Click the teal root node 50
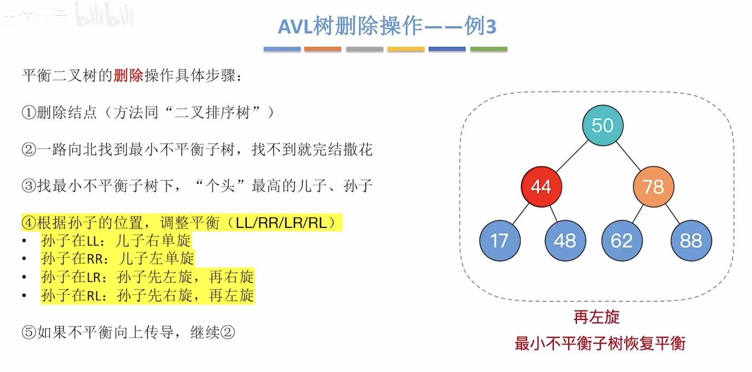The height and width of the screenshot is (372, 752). click(x=603, y=125)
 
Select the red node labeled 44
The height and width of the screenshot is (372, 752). click(x=541, y=186)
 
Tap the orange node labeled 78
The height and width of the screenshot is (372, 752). click(x=653, y=186)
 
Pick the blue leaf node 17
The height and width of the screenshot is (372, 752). click(x=499, y=240)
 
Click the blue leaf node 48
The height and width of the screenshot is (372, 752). click(x=565, y=240)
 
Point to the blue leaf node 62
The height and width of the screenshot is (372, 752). click(x=622, y=240)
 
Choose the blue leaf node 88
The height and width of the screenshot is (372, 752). click(x=691, y=240)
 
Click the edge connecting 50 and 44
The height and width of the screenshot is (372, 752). click(x=572, y=156)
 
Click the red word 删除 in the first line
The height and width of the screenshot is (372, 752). click(x=128, y=75)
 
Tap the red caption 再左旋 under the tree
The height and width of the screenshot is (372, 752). click(x=597, y=317)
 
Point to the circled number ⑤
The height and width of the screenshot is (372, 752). click(x=29, y=332)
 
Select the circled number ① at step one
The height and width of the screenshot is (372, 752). click(x=29, y=112)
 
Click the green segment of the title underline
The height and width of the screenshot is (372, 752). click(x=489, y=49)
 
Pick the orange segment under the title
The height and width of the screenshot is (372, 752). click(x=323, y=49)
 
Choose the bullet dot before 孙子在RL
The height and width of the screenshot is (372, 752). click(x=24, y=295)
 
